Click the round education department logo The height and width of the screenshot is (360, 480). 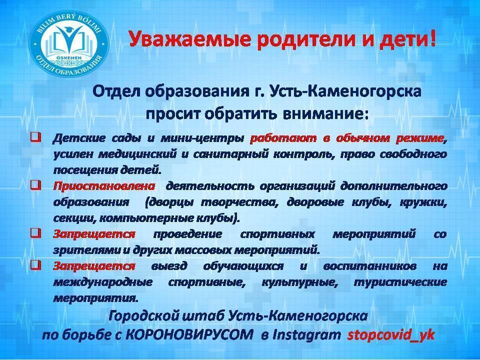[69, 43]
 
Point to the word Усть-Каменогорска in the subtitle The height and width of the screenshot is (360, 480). [345, 91]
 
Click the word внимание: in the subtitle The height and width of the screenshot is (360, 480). [325, 114]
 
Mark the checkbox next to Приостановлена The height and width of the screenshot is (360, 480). [35, 184]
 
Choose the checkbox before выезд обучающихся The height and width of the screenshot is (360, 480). [35, 264]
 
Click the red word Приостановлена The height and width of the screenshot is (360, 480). [104, 186]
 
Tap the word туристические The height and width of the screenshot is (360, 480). [400, 282]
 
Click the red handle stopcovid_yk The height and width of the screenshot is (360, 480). [391, 335]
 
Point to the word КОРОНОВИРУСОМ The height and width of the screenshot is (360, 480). [189, 335]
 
